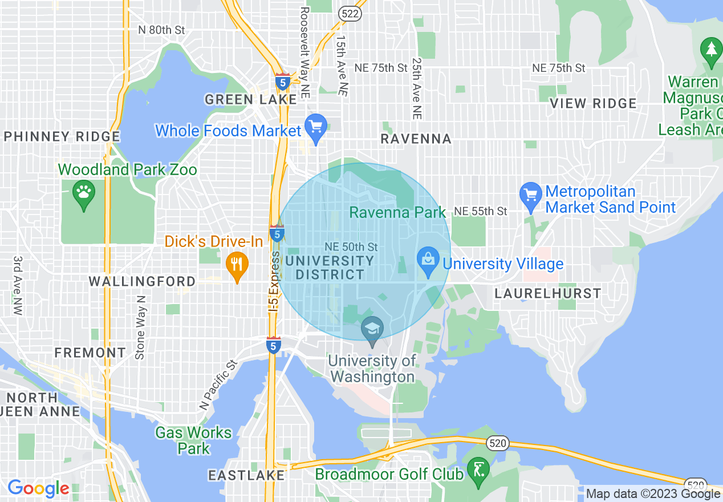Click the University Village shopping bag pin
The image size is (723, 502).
(x=428, y=261)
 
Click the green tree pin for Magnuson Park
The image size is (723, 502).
(x=711, y=50)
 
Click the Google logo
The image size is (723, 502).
(x=38, y=488)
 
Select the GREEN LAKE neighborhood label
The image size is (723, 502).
(x=251, y=100)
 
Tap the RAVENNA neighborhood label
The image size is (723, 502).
(x=416, y=139)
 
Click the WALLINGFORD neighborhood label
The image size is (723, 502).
(x=142, y=281)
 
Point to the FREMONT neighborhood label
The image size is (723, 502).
(x=90, y=353)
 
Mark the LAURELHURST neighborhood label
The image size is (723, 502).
(x=547, y=294)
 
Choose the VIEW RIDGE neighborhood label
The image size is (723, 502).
(x=593, y=103)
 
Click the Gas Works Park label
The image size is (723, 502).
(x=193, y=440)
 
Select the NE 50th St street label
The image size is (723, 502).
(x=351, y=247)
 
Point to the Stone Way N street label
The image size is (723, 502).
(x=140, y=327)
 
